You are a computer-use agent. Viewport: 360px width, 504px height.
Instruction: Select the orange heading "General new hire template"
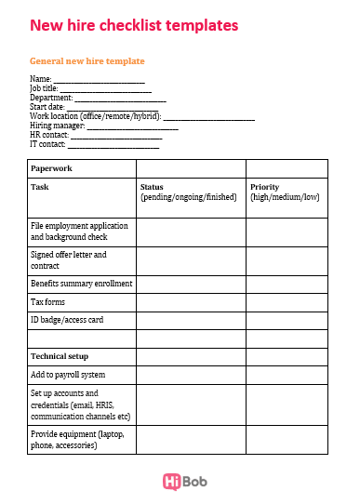coord(87,61)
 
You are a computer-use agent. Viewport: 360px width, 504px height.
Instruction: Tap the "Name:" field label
coord(40,79)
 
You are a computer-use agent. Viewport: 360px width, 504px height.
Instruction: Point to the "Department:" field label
coord(51,97)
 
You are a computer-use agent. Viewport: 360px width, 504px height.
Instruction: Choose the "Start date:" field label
coord(47,107)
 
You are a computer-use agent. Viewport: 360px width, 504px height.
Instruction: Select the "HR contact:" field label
coord(49,134)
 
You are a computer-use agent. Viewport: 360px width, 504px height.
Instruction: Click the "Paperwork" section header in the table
coord(51,169)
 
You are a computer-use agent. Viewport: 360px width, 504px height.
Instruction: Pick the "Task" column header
coord(40,187)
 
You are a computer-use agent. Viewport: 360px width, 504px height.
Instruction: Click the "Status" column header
coord(152,187)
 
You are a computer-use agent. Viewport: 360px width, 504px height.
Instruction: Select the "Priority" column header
coord(265,187)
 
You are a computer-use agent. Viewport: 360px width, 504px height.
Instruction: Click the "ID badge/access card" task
coord(67,320)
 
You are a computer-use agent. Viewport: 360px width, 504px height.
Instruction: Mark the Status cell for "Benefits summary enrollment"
coord(191,284)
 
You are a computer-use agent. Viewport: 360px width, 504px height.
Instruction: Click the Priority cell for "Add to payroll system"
coord(287,375)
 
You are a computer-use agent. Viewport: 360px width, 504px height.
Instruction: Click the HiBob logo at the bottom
coord(180,482)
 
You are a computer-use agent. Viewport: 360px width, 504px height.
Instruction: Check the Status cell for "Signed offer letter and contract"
coord(191,260)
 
